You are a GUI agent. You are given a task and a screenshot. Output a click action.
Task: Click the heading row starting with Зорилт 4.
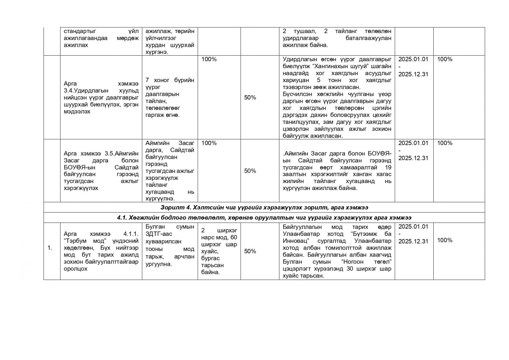coord(264,208)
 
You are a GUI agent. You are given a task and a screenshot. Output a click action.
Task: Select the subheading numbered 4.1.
coord(264,218)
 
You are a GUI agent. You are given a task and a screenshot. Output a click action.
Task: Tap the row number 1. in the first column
coord(50,248)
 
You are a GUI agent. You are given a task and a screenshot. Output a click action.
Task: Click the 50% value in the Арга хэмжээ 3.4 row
coord(250,98)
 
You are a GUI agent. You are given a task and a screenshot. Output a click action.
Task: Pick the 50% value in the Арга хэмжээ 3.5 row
coord(250,171)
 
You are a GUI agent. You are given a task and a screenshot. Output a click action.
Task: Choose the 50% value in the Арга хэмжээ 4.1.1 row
coord(250,251)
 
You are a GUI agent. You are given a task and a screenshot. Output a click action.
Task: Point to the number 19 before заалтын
coord(388,167)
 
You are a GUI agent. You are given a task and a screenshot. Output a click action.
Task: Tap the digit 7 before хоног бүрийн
coord(147,80)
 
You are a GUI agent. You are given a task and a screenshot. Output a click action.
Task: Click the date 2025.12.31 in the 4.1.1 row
coord(413,241)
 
